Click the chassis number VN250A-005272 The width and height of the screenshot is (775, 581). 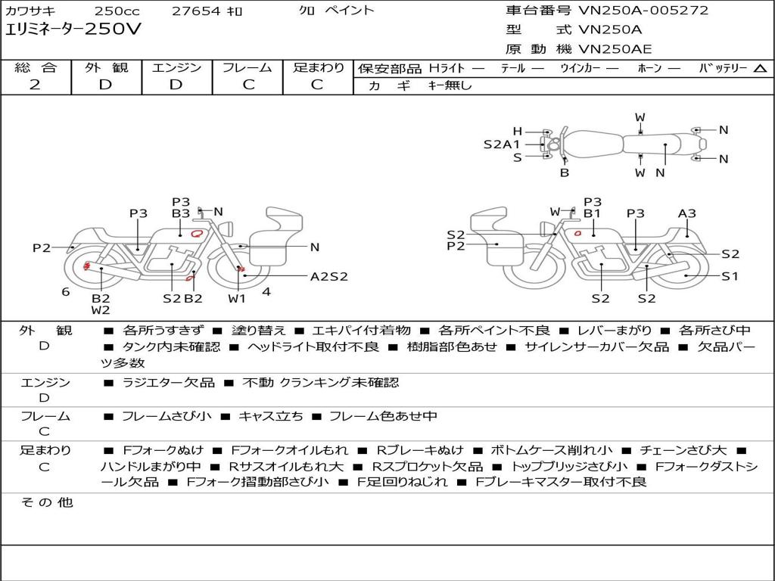pos(643,10)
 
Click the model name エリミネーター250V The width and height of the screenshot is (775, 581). pos(73,29)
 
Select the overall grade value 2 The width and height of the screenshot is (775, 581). pos(35,85)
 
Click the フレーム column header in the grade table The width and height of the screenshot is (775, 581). pos(247,67)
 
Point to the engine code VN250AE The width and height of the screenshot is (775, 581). pos(615,49)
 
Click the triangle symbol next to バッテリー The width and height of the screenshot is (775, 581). pos(760,68)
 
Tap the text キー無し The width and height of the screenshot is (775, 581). pos(450,85)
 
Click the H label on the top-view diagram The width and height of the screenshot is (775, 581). pos(517,132)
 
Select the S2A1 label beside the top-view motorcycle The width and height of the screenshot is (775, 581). pos(501,144)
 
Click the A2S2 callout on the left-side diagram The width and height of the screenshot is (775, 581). pos(328,277)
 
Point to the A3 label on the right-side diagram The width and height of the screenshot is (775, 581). pos(686,213)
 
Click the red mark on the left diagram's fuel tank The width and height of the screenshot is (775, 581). pos(198,233)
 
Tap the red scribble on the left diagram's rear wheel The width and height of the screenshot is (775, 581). pos(86,266)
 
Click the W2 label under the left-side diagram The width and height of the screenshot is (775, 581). pos(101,310)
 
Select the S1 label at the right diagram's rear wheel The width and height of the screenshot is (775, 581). pos(730,275)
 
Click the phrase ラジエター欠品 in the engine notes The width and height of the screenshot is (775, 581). pos(169,382)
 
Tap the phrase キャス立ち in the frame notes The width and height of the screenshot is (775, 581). pos(271,416)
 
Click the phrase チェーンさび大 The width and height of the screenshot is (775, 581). pos(683,450)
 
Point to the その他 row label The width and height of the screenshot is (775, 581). pos(47,502)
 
